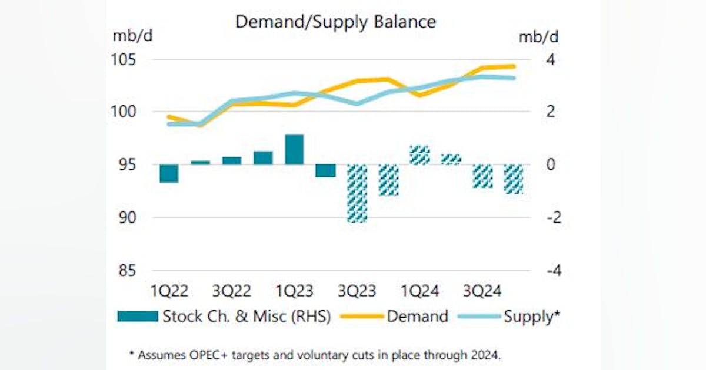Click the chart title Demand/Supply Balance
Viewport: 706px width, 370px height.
pos(335,22)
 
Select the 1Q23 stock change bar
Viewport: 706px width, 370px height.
pos(294,150)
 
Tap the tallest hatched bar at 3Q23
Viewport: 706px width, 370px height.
pos(357,193)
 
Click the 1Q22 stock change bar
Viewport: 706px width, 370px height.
pos(169,173)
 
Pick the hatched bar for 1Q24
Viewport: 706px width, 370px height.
pos(419,155)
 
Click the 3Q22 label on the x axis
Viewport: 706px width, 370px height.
pos(232,291)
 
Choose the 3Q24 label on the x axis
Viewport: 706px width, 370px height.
pos(482,291)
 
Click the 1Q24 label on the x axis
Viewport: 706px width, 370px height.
pos(419,291)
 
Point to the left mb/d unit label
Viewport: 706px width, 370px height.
pos(133,36)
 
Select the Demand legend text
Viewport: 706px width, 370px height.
pos(417,316)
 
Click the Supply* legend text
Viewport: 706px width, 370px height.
pos(531,316)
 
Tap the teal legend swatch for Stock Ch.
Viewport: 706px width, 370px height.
pos(138,317)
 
